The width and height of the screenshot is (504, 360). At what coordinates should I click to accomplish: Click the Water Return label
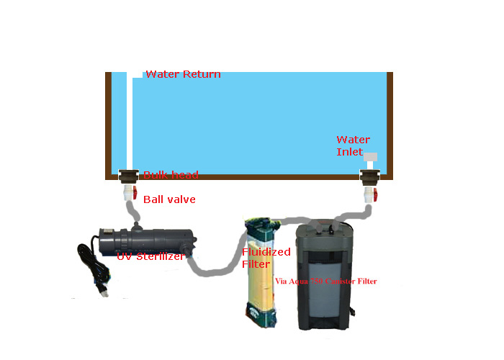coord(183,74)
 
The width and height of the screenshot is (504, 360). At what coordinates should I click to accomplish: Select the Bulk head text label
coord(171,175)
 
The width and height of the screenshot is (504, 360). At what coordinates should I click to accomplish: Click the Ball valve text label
coord(169,199)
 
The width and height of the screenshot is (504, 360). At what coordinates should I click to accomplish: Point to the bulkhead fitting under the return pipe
coord(128,176)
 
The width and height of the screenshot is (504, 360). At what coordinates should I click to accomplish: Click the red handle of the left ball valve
coord(135,193)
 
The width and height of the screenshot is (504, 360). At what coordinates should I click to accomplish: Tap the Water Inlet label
coord(353,145)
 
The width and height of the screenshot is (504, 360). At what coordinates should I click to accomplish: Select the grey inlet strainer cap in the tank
coord(370,157)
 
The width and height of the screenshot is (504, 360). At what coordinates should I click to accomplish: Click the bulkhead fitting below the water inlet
coord(369,176)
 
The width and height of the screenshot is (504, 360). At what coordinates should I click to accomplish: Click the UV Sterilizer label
coord(150,256)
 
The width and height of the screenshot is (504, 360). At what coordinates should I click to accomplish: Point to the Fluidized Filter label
coord(266,258)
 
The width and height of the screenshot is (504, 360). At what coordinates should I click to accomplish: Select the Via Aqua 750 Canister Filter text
coord(325,281)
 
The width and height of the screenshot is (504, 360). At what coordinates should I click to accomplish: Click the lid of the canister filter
coord(325,229)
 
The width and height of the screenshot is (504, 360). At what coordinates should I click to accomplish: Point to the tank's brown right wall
coord(390,122)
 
